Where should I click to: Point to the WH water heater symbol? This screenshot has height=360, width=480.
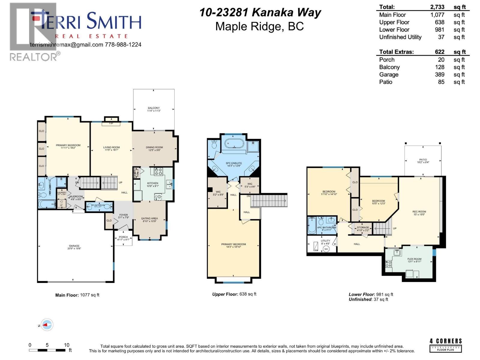pos(326,249)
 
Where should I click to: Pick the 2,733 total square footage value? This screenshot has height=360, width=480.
pos(437,7)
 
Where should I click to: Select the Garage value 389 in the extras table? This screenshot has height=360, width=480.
pos(439,74)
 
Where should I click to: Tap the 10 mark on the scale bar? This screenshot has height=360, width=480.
pos(67,345)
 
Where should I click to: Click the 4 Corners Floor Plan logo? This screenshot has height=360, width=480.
pos(445,345)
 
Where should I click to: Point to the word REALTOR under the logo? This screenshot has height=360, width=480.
pos(33,57)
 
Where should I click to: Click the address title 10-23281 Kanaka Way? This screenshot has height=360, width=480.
pos(260,13)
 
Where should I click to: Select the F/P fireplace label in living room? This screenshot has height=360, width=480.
pos(111,123)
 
